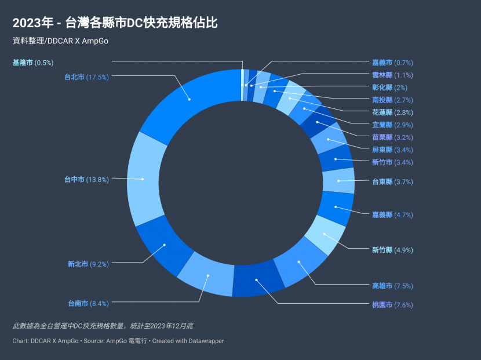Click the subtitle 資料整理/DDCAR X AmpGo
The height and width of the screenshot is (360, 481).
(60, 41)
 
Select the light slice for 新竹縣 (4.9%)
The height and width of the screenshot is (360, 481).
(325, 235)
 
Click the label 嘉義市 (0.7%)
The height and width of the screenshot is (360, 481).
(392, 63)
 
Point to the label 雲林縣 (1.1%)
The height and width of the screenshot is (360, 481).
(392, 75)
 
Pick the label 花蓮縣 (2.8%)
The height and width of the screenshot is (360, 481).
(392, 112)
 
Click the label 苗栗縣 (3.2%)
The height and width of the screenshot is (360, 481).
(392, 137)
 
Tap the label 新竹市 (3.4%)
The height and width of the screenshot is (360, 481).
(392, 162)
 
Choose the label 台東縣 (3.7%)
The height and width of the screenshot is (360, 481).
(392, 181)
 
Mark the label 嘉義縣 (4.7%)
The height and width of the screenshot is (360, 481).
(392, 214)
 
